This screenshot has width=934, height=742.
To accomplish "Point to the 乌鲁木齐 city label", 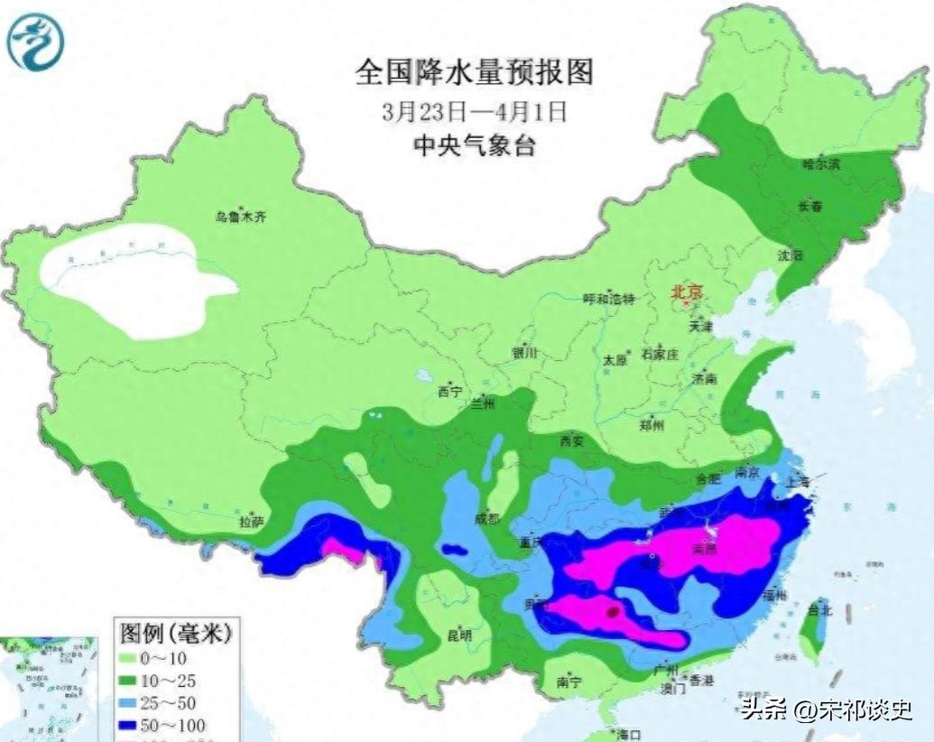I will tap(241, 217).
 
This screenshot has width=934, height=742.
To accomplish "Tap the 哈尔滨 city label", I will tap(821, 164).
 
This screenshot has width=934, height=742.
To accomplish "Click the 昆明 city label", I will tap(459, 635).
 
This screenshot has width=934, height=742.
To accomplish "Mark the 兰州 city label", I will tap(482, 404).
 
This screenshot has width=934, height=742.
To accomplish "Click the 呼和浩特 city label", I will tap(610, 299).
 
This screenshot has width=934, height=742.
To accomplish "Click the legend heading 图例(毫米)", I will tap(176, 634).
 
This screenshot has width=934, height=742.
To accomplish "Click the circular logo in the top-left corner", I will tap(36, 41).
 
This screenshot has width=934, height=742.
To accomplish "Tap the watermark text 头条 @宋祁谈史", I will tap(826, 710).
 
